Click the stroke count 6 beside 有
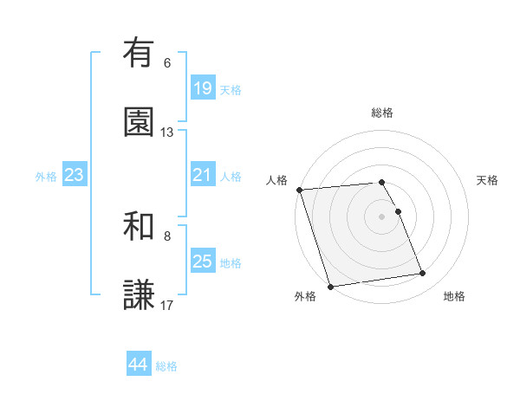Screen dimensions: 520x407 (x=167, y=63)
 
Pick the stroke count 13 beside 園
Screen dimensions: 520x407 (x=167, y=132)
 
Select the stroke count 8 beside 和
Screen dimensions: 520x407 (x=167, y=236)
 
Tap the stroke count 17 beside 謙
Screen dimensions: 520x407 (x=167, y=305)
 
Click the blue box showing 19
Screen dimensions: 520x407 (x=202, y=88)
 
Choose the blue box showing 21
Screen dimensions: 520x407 (x=202, y=175)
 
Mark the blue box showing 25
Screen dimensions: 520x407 (x=202, y=262)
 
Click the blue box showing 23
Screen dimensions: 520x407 (x=75, y=175)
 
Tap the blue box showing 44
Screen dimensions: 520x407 (x=139, y=365)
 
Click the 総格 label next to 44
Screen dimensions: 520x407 (x=166, y=366)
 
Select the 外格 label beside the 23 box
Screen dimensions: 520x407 (x=46, y=176)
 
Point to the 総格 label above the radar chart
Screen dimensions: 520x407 (x=382, y=113)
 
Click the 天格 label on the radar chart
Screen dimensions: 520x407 (x=488, y=180)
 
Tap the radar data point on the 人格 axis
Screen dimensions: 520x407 (x=299, y=190)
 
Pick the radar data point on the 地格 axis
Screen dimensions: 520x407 (x=422, y=274)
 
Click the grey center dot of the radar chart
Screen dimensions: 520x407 (x=382, y=216)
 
